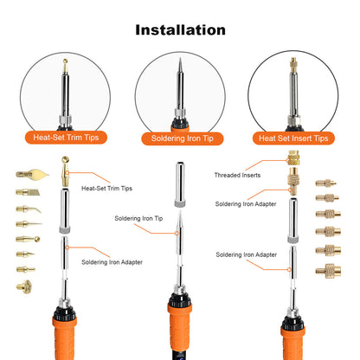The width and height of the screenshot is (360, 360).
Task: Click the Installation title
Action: [180, 29]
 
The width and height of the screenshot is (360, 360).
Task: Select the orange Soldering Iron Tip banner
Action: [180, 138]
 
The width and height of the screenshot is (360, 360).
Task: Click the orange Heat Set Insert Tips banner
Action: [293, 138]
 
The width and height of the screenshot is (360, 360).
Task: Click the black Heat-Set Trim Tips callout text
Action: [106, 187]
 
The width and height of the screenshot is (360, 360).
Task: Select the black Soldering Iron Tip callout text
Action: [138, 218]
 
